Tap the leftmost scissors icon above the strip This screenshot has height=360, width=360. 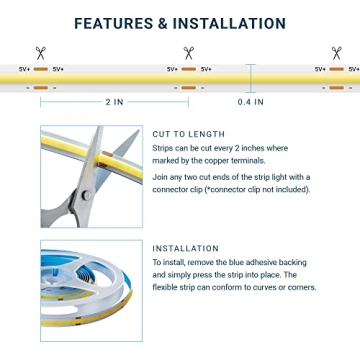click(41, 53)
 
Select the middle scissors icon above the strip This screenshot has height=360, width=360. click(188, 53)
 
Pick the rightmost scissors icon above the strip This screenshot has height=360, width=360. click(336, 53)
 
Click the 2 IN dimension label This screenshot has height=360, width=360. click(115, 102)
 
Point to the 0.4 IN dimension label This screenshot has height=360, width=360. click(250, 102)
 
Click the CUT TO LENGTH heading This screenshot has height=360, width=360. click(188, 133)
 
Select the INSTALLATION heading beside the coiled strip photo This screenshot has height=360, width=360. click(185, 248)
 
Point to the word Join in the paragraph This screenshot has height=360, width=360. click(160, 177)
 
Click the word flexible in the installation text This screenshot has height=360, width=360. click(170, 287)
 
